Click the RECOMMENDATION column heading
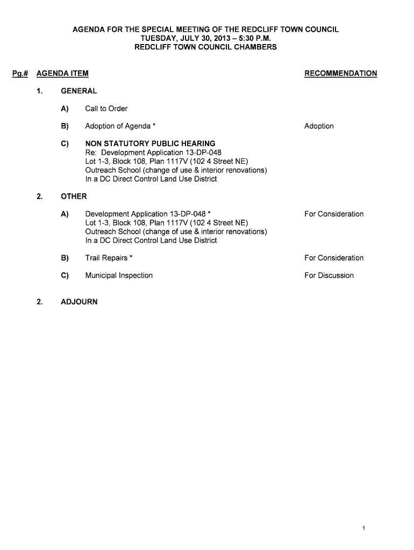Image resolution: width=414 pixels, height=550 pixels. tap(340, 74)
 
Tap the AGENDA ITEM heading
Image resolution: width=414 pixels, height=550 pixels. tap(62, 74)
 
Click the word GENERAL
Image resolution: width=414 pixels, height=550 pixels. tap(79, 91)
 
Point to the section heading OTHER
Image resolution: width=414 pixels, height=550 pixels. tap(74, 197)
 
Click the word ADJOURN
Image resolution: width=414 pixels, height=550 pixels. tap(79, 302)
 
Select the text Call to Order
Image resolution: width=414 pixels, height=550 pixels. tap(106, 109)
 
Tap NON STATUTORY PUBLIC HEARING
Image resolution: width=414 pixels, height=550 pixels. tap(150, 144)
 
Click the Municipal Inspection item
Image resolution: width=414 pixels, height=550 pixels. tap(119, 276)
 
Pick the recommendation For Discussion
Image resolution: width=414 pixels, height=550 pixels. tap(329, 276)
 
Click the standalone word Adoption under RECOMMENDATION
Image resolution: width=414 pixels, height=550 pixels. tap(319, 126)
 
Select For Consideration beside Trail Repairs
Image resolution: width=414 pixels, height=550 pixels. tap(334, 258)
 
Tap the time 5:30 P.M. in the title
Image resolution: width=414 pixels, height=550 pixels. tap(252, 38)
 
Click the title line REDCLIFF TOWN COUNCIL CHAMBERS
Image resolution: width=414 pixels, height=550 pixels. tap(206, 47)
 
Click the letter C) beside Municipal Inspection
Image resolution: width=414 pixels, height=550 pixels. tap(65, 276)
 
